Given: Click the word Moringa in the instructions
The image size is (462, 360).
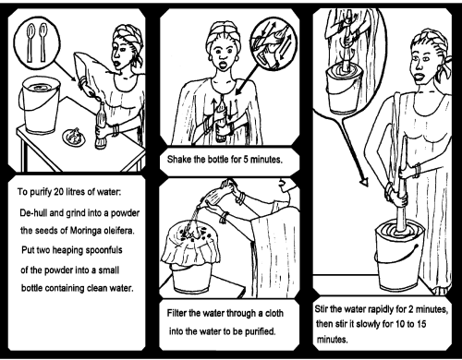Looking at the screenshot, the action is (86, 231).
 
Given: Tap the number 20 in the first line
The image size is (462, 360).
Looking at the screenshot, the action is (58, 192).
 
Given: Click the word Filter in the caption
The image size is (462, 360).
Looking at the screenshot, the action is (176, 313).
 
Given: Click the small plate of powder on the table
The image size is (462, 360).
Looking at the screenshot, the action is (73, 137).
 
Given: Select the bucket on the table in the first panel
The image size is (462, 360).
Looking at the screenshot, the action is (40, 105).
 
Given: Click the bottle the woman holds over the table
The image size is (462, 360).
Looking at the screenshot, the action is (101, 126).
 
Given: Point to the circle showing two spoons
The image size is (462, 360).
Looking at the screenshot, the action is (37, 42).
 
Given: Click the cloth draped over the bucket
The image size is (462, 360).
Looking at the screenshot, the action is (190, 246).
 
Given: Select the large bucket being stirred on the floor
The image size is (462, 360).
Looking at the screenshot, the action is (399, 256).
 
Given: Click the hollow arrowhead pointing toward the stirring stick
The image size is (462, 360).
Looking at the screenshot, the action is (364, 182).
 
